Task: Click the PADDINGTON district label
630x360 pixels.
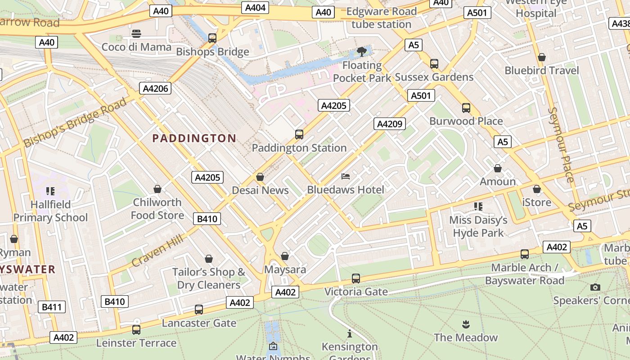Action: click(194, 138)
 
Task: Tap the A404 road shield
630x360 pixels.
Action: click(255, 8)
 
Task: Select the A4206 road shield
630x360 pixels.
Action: click(155, 89)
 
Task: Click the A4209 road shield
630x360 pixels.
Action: click(390, 124)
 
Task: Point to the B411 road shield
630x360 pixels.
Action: click(52, 307)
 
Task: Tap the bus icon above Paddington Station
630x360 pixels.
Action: click(299, 134)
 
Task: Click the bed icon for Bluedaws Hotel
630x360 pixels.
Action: click(346, 176)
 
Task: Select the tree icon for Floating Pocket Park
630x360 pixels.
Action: click(361, 52)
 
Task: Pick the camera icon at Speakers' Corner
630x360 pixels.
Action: click(595, 287)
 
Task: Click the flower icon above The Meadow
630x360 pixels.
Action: click(466, 324)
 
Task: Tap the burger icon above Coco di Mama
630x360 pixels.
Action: click(136, 33)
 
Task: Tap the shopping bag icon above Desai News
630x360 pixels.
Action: click(260, 177)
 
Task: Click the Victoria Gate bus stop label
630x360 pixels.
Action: click(356, 292)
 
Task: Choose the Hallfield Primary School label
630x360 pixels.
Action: click(50, 211)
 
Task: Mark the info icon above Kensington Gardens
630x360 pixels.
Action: click(350, 333)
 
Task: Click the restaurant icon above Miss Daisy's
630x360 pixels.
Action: click(478, 207)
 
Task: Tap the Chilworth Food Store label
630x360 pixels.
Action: click(157, 209)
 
